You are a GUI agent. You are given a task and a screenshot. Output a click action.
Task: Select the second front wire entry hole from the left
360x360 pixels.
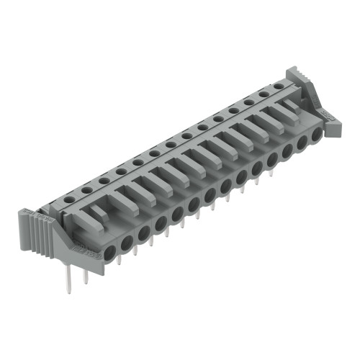127,246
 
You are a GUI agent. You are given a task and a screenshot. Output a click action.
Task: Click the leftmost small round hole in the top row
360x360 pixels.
71,199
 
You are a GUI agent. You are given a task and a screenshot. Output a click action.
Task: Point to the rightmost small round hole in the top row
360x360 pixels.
276,86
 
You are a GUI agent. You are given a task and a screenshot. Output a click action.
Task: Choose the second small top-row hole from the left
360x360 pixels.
87,189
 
